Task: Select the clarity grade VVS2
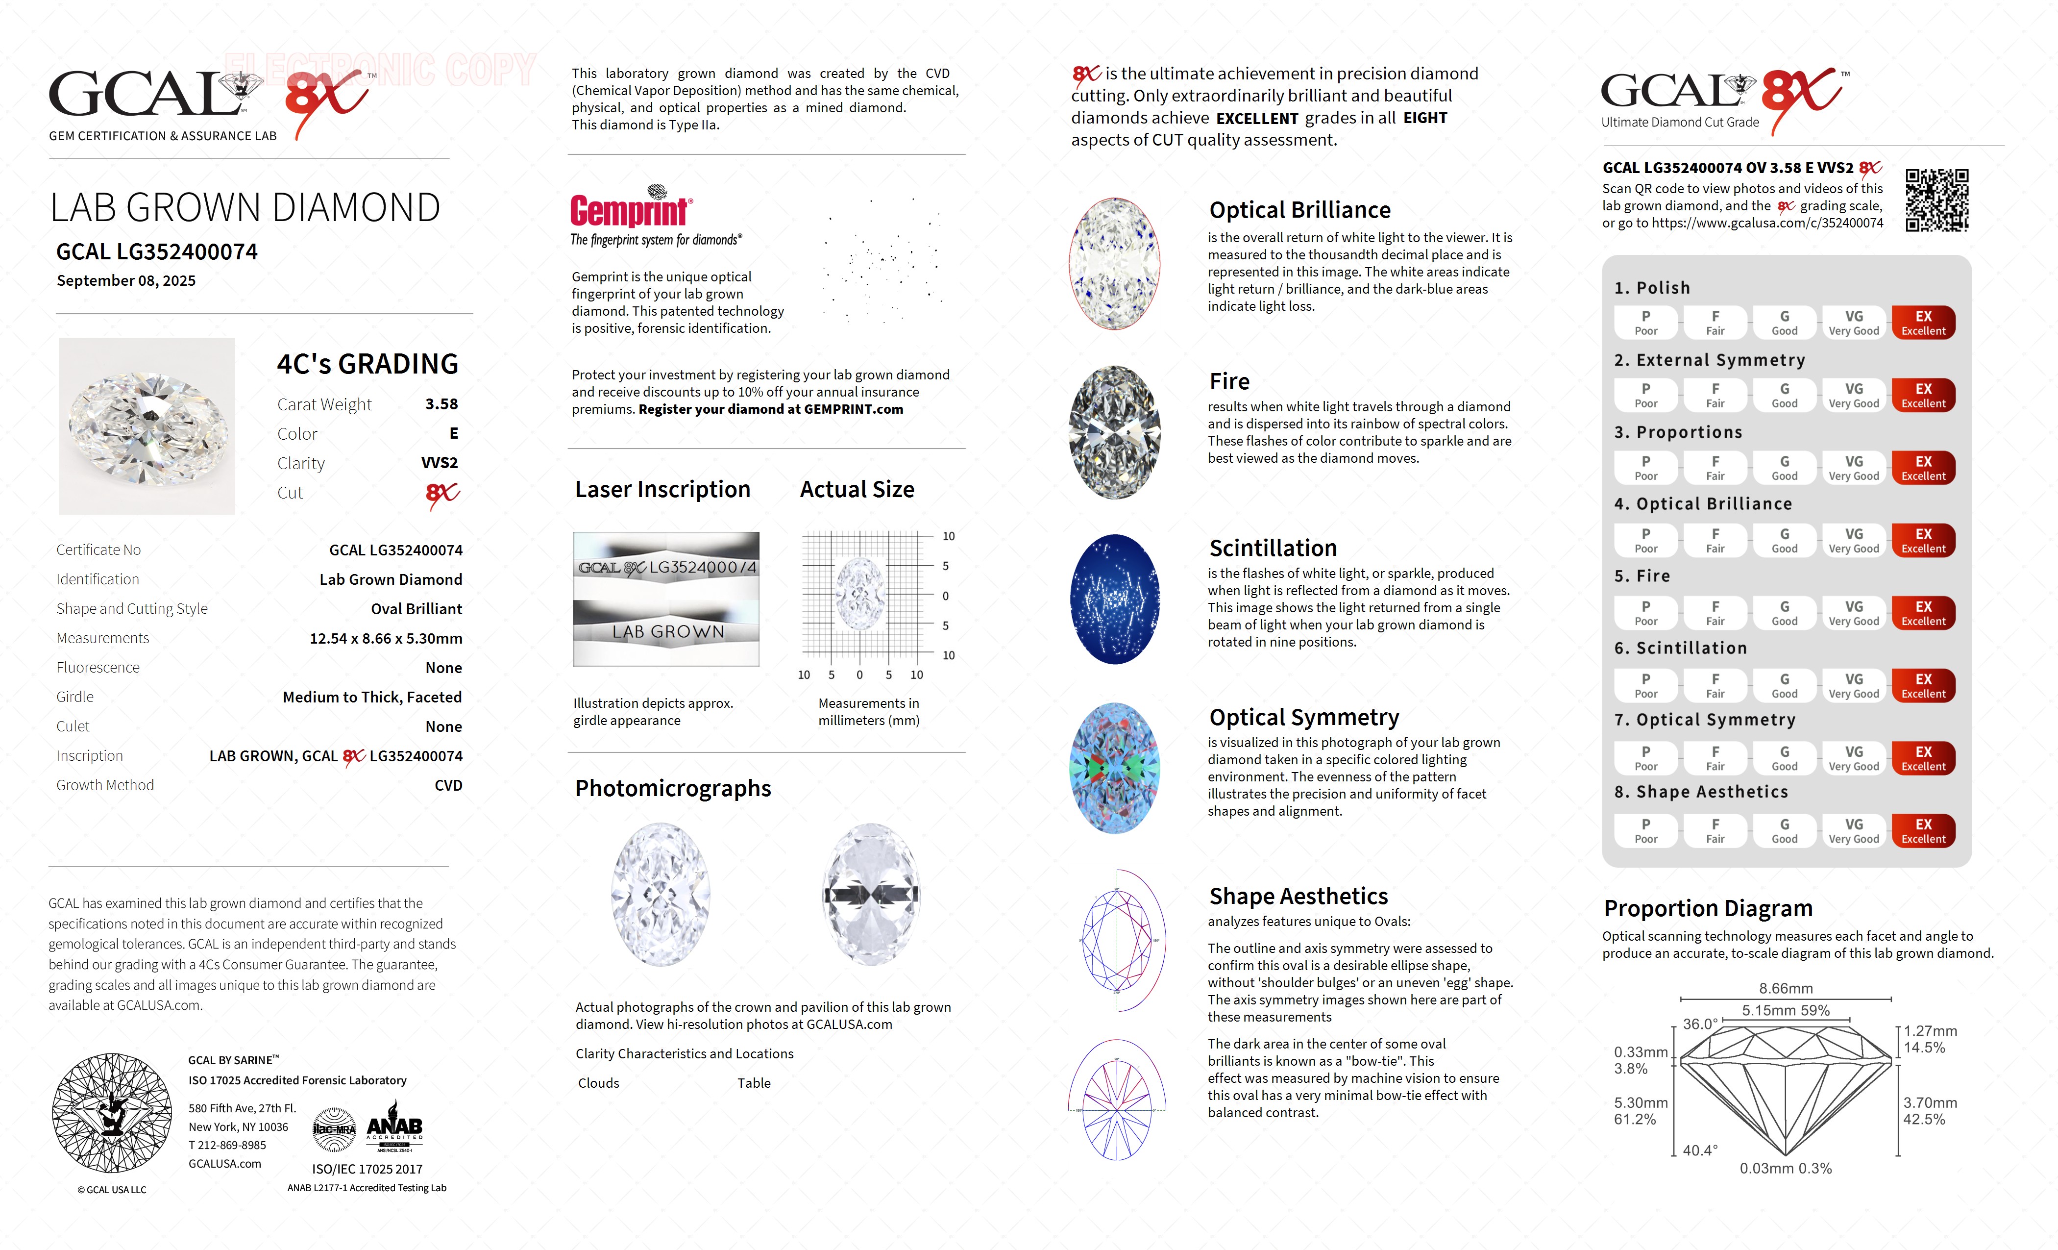point(440,463)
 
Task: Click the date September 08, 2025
point(126,281)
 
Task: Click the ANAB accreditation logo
point(394,1130)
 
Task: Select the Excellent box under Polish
point(1923,323)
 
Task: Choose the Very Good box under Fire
point(1853,612)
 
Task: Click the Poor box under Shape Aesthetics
point(1645,830)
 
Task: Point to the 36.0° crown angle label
point(1700,1024)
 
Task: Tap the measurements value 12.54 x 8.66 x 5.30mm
point(386,638)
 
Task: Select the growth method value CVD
point(448,785)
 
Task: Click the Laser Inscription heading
point(662,490)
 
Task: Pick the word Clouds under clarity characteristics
point(599,1083)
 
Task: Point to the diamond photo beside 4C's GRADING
point(147,426)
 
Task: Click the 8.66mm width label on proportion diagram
point(1786,988)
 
